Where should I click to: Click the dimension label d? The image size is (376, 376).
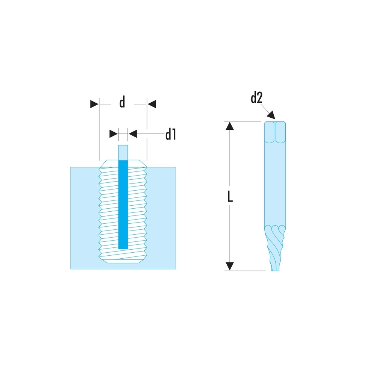[x=122, y=102]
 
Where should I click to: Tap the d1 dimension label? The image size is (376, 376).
[x=171, y=134]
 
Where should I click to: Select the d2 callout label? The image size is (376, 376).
[x=256, y=99]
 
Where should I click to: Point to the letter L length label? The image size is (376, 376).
[x=230, y=197]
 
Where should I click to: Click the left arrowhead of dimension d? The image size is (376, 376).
[x=94, y=104]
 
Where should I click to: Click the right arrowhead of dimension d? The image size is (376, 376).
[x=151, y=104]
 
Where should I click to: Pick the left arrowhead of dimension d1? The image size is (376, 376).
[x=113, y=133]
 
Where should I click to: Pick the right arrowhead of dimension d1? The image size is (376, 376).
[x=132, y=133]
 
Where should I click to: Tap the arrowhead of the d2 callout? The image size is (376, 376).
[x=271, y=115]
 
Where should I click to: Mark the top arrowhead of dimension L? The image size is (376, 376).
[x=230, y=126]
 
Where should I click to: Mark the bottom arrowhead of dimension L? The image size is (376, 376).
[x=230, y=266]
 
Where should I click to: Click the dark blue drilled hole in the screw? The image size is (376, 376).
[x=123, y=205]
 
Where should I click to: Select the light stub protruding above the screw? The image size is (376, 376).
[x=123, y=152]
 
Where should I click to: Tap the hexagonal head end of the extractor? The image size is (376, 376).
[x=275, y=132]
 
